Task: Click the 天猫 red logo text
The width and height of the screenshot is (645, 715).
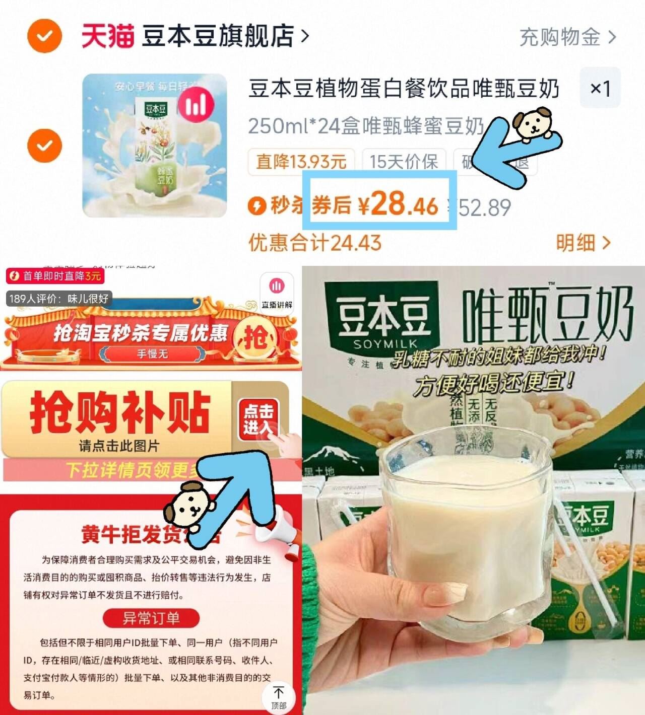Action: tap(107, 36)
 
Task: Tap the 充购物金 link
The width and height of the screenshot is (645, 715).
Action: tap(567, 37)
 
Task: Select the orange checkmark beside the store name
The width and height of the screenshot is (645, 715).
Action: tap(44, 36)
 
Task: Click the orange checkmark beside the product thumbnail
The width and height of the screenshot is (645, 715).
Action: tap(44, 146)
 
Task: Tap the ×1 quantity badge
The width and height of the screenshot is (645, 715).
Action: tap(600, 88)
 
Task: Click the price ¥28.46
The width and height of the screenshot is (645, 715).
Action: tap(398, 204)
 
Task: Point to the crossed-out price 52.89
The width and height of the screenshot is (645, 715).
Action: tap(481, 207)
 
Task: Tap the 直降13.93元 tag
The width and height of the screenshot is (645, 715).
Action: tap(301, 162)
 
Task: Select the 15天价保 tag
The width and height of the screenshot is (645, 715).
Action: tap(404, 162)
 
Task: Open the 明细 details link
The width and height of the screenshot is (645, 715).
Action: tap(583, 243)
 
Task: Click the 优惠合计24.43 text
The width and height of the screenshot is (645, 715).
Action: tap(315, 243)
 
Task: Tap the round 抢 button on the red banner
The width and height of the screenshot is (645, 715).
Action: tap(255, 336)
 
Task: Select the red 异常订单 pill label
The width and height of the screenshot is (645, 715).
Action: tap(151, 618)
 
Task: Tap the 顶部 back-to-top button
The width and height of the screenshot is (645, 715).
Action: tap(278, 697)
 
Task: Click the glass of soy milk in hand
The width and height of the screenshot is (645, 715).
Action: tap(461, 524)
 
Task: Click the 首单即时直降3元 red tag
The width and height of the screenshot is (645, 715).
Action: tap(55, 276)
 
